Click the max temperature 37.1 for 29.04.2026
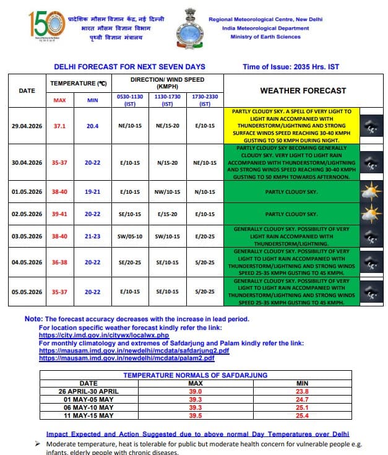59,126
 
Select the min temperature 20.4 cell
92,126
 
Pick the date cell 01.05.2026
27,192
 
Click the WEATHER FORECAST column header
303,90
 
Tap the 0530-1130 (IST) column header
129,100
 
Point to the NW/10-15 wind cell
167,192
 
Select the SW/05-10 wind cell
129,236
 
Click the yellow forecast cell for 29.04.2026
290,126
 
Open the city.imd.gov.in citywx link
104,335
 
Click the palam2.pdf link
127,358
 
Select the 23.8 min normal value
301,391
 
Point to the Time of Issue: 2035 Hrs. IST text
291,67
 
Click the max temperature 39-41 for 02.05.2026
59,214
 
